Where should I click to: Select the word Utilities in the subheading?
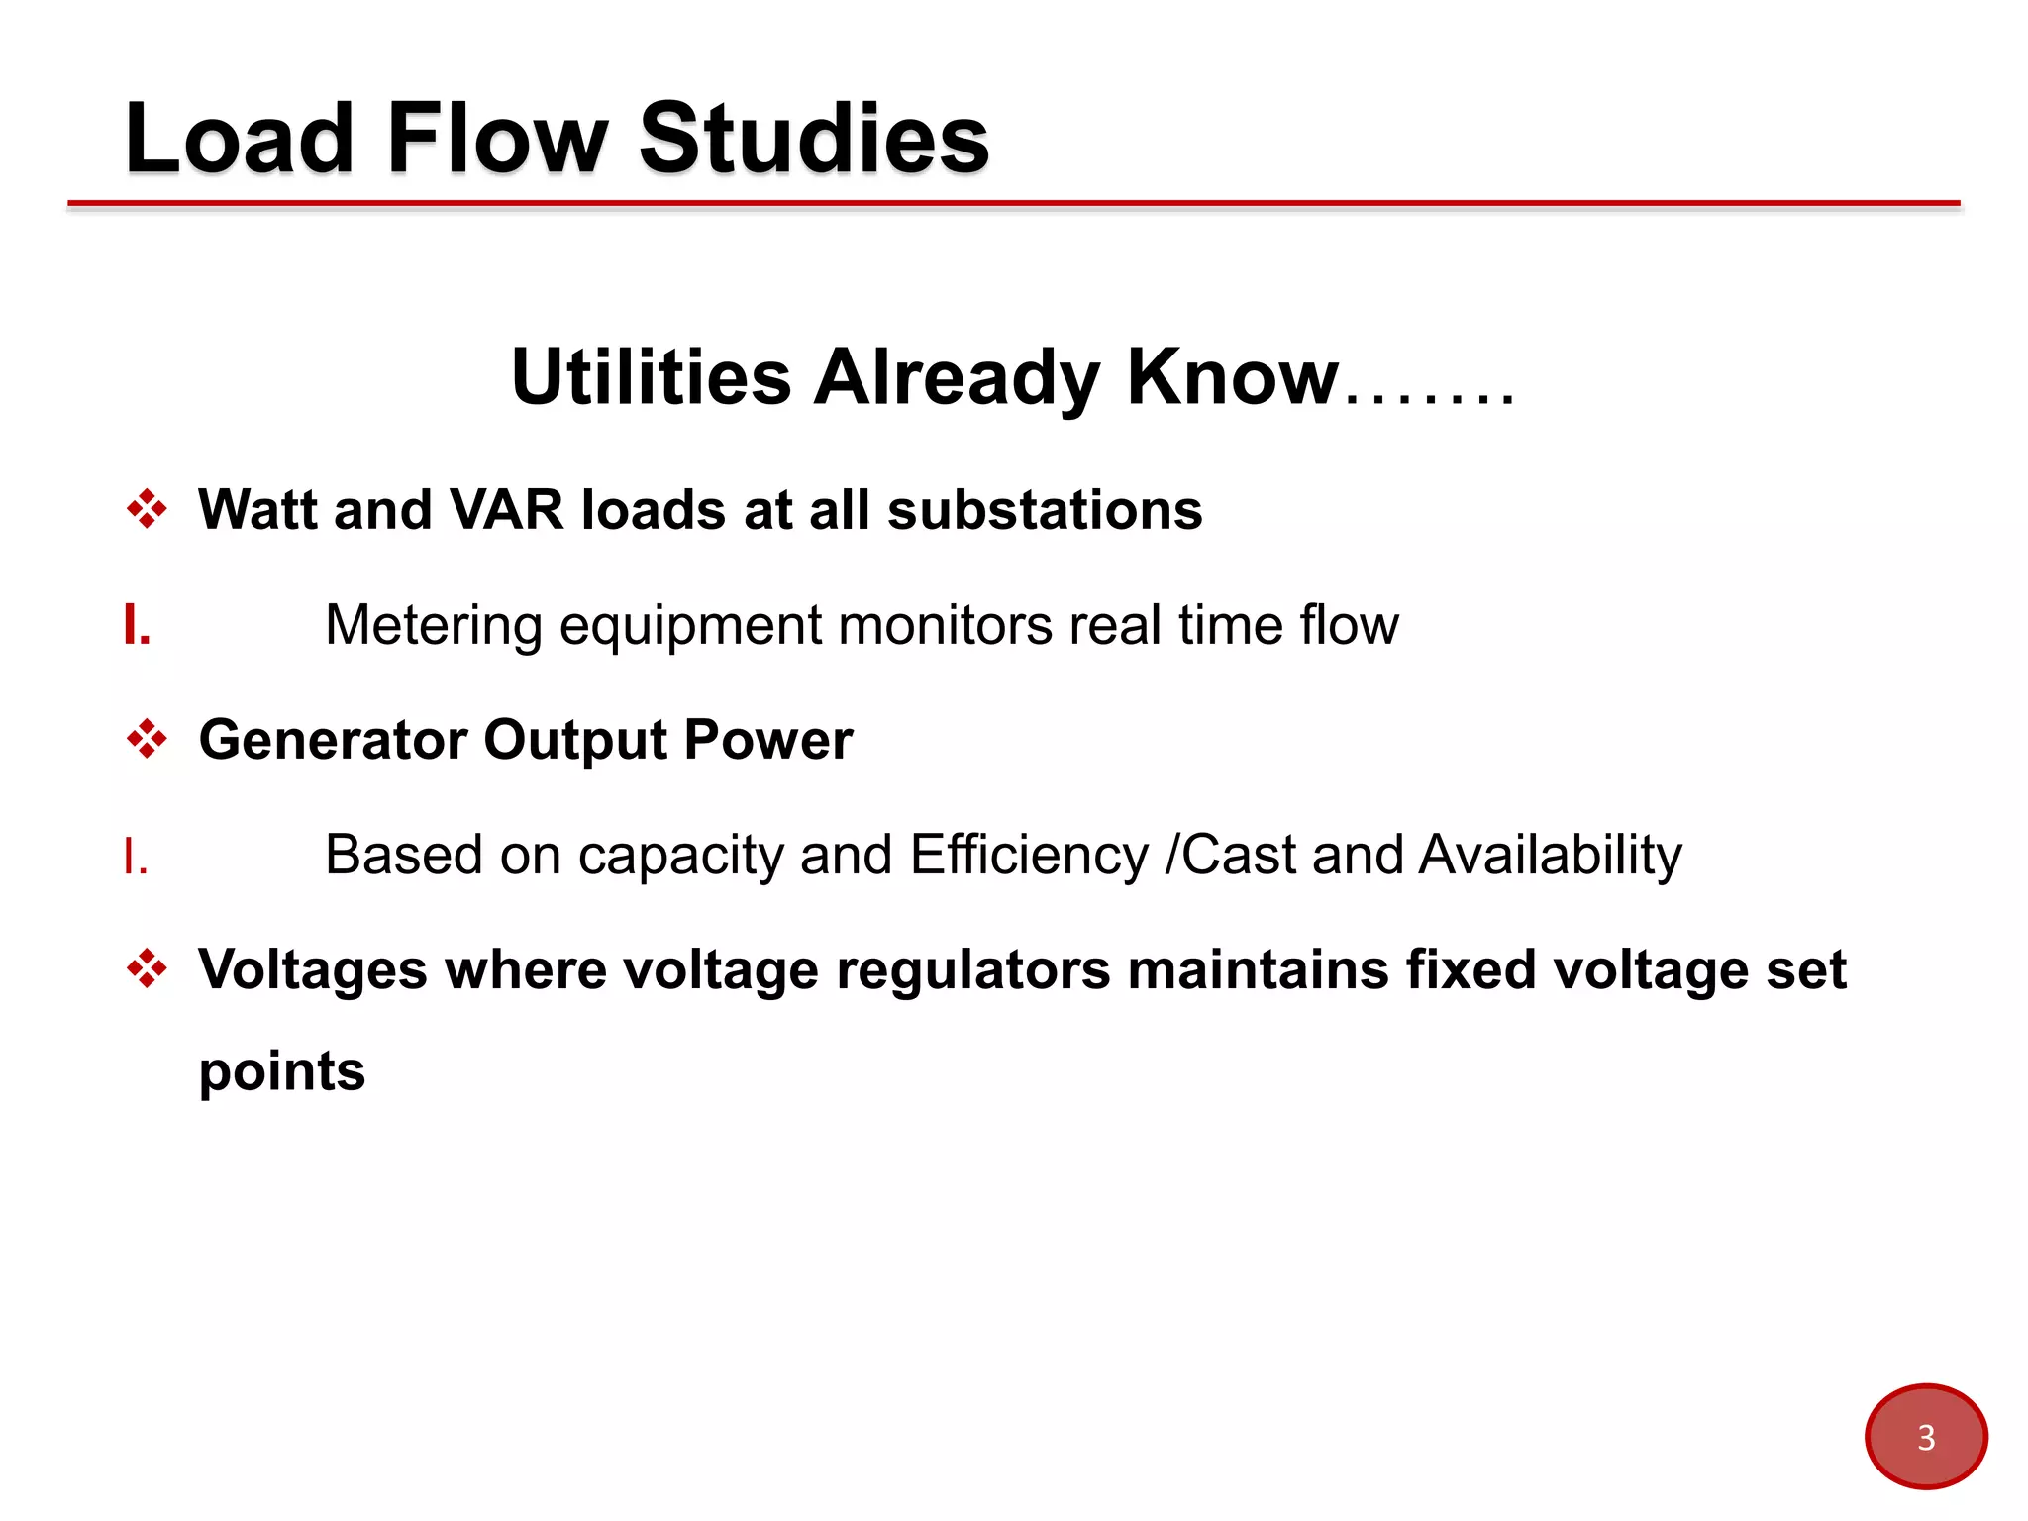(651, 377)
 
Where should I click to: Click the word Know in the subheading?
(1232, 377)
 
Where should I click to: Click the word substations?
(1044, 510)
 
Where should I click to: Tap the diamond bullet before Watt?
(147, 509)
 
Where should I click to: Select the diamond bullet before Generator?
(147, 739)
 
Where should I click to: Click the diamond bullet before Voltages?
(147, 968)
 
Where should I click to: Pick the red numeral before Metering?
(137, 626)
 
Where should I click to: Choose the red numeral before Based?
(136, 856)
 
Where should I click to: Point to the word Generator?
(333, 740)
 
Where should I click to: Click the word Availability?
(1550, 855)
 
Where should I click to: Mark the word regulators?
(972, 969)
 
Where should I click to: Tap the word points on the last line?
(282, 1072)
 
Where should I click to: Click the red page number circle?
(1925, 1436)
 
